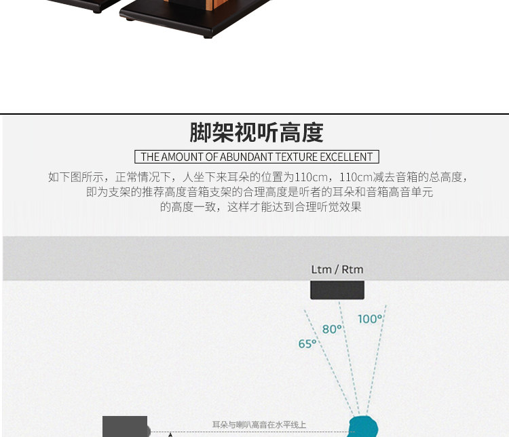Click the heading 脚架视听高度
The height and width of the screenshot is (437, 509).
tap(256, 132)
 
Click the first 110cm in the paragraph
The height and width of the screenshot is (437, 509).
tap(308, 177)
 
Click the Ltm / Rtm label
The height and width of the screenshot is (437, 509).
tap(337, 269)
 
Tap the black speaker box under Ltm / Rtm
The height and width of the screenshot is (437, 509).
tap(337, 290)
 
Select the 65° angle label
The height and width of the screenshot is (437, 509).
tap(307, 344)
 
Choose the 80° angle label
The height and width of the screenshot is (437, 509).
tap(332, 329)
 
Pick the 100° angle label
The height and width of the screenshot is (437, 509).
tap(370, 318)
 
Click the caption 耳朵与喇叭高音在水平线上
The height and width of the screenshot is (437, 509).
tap(259, 425)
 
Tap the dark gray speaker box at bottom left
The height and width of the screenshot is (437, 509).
tap(125, 427)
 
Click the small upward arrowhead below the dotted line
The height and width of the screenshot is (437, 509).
tap(170, 434)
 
